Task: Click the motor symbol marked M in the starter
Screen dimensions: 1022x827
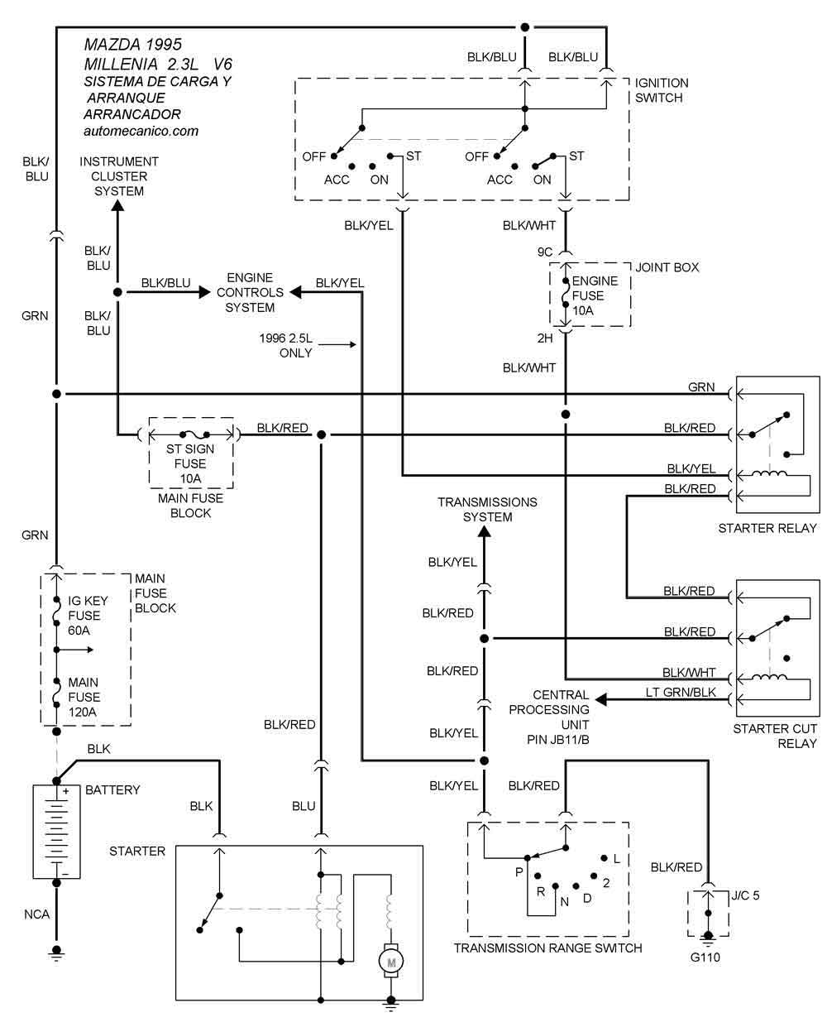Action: [390, 961]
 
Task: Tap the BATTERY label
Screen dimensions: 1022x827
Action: [112, 789]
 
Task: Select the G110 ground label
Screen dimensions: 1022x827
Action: [707, 958]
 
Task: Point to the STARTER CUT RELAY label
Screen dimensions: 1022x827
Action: [774, 736]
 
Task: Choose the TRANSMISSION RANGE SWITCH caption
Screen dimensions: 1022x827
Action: [547, 948]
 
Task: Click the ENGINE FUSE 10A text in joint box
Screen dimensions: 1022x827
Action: [587, 295]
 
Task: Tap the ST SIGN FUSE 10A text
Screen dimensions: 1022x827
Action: [190, 463]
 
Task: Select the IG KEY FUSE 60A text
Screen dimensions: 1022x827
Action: [84, 616]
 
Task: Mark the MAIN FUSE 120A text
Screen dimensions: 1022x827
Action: [83, 697]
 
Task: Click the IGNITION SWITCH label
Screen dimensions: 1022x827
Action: [661, 90]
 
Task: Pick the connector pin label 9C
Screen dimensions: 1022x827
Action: [544, 252]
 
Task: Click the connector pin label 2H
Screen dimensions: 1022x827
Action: [544, 338]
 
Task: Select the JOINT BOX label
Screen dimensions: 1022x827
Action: [667, 267]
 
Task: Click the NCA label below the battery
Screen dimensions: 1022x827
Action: [36, 914]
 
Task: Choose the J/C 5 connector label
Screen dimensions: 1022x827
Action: [745, 895]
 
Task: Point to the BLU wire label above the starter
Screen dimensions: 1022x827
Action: [304, 806]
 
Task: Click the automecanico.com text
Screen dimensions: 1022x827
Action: [141, 131]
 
